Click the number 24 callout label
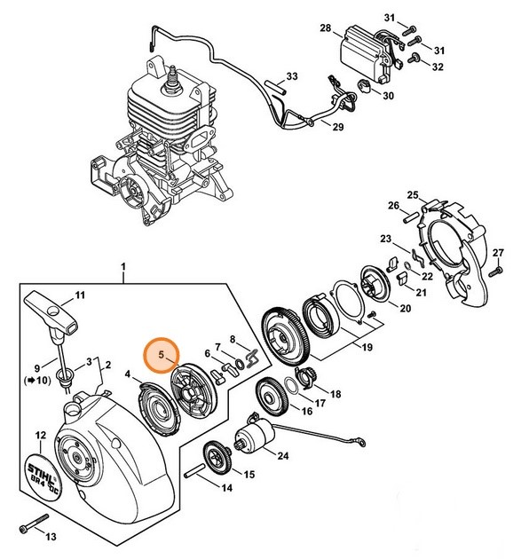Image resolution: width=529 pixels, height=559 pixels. click(282, 457)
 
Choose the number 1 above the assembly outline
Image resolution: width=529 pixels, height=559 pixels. click(123, 265)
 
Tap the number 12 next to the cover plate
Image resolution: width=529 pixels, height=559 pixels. click(39, 435)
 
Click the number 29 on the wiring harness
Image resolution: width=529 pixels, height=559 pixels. click(337, 128)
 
